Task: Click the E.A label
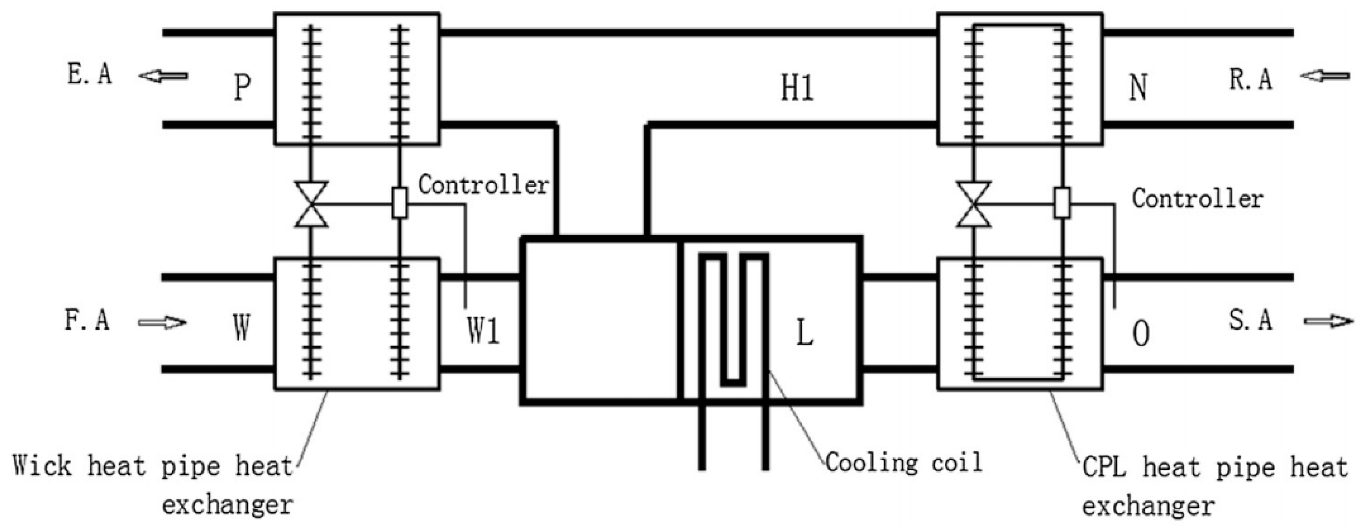coord(90,74)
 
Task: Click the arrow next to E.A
coord(163,76)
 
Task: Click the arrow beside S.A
coord(1328,321)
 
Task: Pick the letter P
coord(242,88)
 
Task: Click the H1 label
coord(797,88)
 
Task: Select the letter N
coord(1138,88)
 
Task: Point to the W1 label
coord(483,332)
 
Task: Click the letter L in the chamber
coord(805,334)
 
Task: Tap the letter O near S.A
coord(1140,334)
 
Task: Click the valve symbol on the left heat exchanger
coord(311,205)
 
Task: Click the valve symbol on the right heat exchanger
coord(974,205)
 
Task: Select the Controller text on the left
coord(483,185)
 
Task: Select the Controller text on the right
coord(1198,199)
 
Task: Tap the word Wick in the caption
coord(42,467)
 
